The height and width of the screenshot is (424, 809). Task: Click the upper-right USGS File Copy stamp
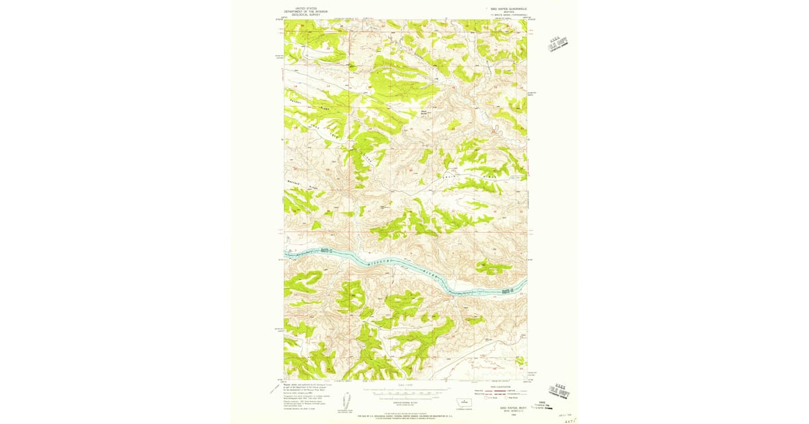(x=558, y=42)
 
